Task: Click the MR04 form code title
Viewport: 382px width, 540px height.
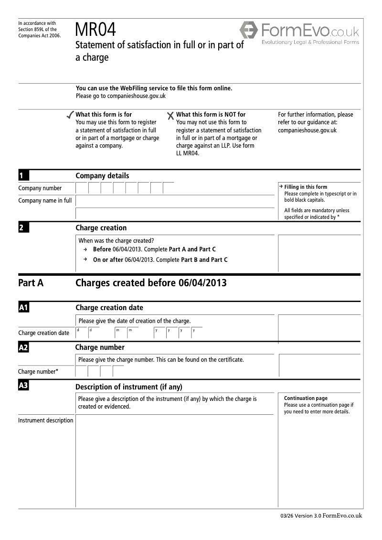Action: tap(95, 31)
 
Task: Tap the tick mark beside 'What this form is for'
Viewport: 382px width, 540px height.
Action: tap(70, 115)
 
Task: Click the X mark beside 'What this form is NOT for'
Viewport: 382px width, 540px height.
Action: tap(170, 116)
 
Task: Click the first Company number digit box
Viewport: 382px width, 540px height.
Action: tap(82, 188)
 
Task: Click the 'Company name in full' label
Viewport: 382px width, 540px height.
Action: tap(45, 200)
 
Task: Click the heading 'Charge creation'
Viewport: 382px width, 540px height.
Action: tap(101, 228)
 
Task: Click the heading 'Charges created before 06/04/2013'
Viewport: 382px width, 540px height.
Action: tap(151, 283)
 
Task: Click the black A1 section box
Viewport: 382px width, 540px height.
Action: tap(23, 308)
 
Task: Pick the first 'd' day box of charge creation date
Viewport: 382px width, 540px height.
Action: tap(82, 333)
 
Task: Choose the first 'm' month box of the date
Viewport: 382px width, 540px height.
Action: tap(120, 333)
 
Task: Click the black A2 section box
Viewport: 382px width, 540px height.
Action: tap(23, 347)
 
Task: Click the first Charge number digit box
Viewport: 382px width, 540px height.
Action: tap(81, 371)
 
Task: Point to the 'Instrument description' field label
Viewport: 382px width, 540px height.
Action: tap(46, 421)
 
